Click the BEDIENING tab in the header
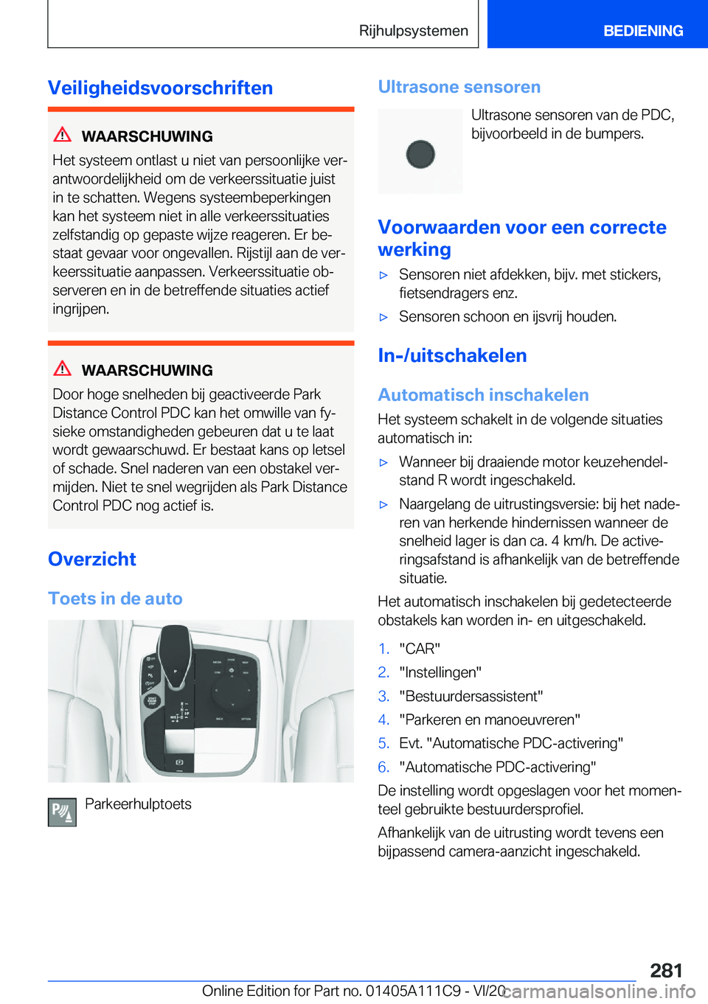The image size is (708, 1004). tap(642, 31)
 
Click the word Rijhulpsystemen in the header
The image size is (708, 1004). tap(413, 31)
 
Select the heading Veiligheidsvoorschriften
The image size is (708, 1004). tap(160, 88)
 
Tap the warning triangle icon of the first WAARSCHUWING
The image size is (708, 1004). tap(63, 135)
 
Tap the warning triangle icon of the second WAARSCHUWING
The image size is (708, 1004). tap(63, 369)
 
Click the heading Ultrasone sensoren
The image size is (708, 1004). tap(459, 87)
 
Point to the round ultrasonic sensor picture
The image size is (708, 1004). tap(420, 153)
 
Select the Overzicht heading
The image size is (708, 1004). tap(92, 559)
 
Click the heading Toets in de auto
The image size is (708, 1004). tap(115, 599)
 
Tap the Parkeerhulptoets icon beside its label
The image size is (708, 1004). tap(62, 812)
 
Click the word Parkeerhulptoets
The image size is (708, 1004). tap(138, 804)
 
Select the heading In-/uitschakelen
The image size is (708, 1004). tap(452, 355)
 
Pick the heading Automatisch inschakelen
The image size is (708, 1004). tap(483, 395)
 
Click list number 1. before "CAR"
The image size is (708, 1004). tap(383, 649)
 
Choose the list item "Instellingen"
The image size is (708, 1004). tap(440, 672)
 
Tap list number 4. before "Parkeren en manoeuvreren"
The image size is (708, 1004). tap(383, 719)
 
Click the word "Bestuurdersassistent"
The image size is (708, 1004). tap(471, 696)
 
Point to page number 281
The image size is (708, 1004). tap(666, 970)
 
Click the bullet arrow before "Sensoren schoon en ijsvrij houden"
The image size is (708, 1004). tap(383, 317)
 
